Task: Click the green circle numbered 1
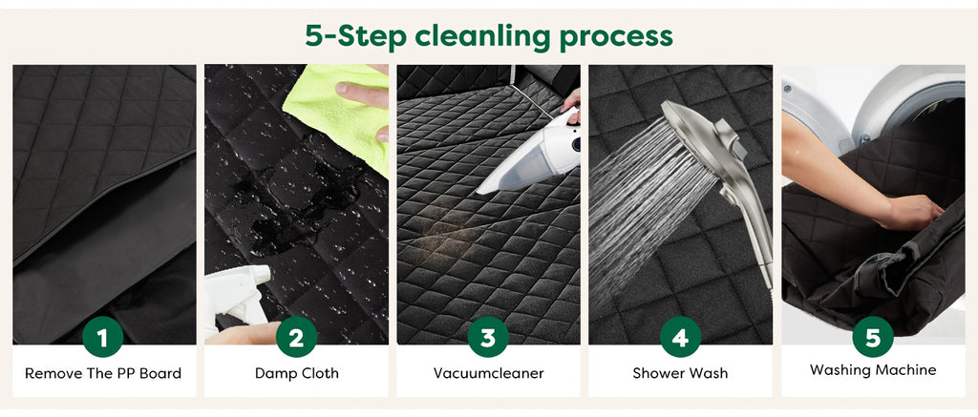(x=102, y=337)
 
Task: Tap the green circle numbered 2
(x=296, y=337)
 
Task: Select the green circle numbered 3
(x=488, y=337)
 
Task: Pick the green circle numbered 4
(x=680, y=337)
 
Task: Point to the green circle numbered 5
(x=873, y=337)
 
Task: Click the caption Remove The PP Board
(x=103, y=373)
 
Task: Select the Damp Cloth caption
(x=296, y=373)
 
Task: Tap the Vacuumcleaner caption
(x=488, y=373)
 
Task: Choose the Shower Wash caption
(x=680, y=373)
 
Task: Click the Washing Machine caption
(x=873, y=370)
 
